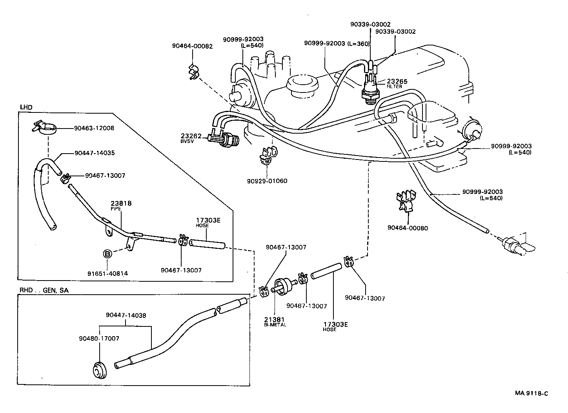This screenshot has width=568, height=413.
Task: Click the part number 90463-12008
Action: pos(94,128)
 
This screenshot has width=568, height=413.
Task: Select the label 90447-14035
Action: pos(94,153)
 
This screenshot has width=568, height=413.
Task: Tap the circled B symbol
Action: pos(107,254)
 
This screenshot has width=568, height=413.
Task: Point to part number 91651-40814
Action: pos(107,273)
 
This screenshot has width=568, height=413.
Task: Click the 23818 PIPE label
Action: pos(121,205)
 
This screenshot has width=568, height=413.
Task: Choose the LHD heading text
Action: pos(26,107)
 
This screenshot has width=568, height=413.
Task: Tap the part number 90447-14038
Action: pos(126,315)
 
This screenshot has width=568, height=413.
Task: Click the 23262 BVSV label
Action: pos(191,137)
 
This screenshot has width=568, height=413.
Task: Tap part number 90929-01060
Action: pos(267,181)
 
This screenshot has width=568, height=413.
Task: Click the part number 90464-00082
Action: pos(192,46)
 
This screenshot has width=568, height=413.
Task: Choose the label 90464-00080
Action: pos(407,228)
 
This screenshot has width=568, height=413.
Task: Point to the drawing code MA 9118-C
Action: pos(532,393)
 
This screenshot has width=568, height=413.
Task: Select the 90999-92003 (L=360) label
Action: pos(337,43)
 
